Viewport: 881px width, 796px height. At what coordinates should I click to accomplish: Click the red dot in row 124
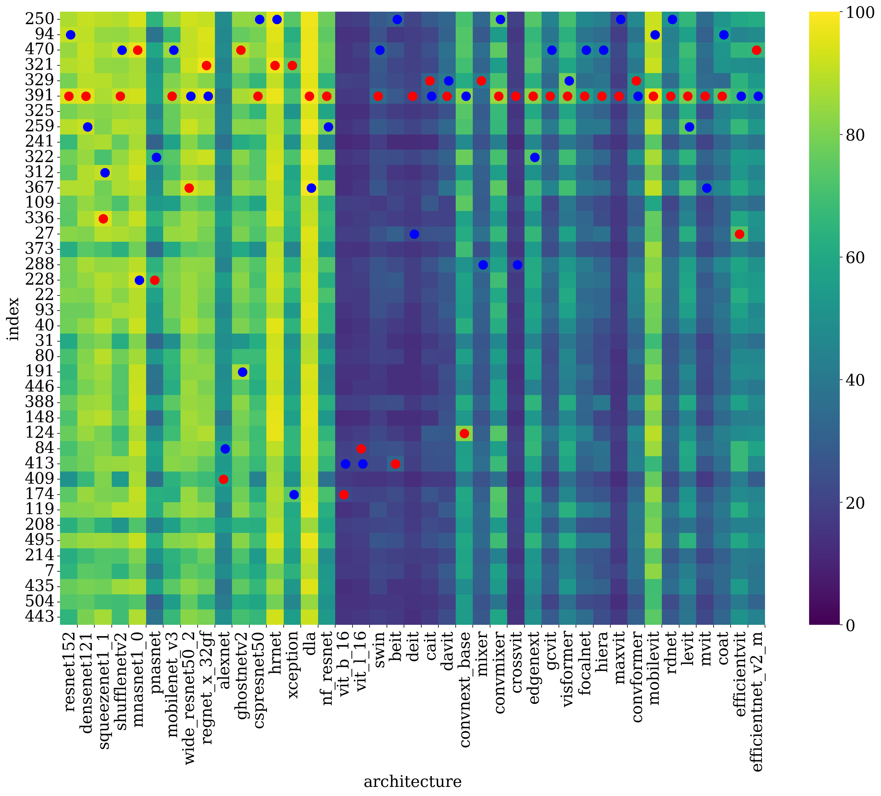[x=464, y=433]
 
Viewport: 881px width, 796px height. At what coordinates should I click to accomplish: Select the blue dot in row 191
[x=242, y=372]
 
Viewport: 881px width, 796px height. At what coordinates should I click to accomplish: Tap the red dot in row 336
[x=103, y=219]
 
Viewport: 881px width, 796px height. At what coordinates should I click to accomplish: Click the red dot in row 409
[x=223, y=479]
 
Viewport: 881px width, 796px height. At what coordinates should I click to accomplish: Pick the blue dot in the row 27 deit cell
[x=414, y=234]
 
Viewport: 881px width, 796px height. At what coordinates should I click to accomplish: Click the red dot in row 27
[x=739, y=234]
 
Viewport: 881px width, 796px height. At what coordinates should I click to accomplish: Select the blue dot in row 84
[x=225, y=448]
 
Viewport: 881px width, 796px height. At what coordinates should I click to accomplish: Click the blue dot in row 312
[x=105, y=173]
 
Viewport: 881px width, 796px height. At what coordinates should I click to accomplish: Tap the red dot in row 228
[x=154, y=280]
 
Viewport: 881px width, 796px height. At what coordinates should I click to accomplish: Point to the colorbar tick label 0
[x=850, y=626]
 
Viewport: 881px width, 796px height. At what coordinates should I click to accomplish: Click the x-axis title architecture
[x=412, y=781]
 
